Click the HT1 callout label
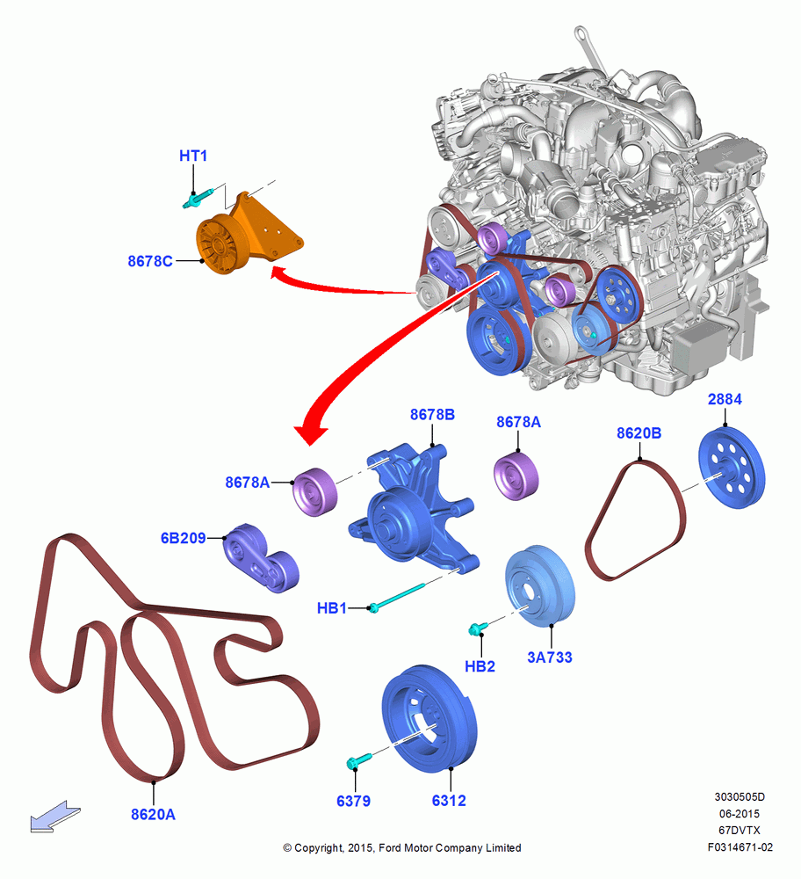pyautogui.click(x=193, y=156)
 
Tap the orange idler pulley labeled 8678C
pyautogui.click(x=222, y=244)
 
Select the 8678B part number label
pyautogui.click(x=432, y=415)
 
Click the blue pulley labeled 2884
pyautogui.click(x=732, y=468)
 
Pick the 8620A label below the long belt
pyautogui.click(x=153, y=815)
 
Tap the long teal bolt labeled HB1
pyautogui.click(x=397, y=597)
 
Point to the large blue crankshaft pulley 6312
pyautogui.click(x=429, y=719)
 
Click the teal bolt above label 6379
pyautogui.click(x=358, y=761)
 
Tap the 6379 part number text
pyautogui.click(x=353, y=801)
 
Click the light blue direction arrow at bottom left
pyautogui.click(x=55, y=817)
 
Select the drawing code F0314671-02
pyautogui.click(x=740, y=847)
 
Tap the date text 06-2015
pyautogui.click(x=740, y=813)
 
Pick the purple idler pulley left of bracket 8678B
pyautogui.click(x=314, y=491)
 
